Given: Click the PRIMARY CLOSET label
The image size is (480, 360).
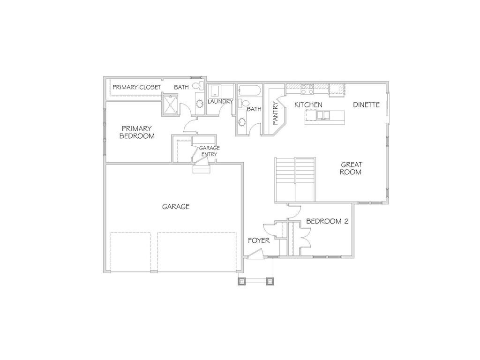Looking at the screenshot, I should (136, 87).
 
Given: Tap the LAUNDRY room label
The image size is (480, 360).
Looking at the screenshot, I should (220, 101).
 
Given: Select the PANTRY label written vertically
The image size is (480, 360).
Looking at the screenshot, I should (276, 112).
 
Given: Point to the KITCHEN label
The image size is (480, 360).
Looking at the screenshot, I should (308, 105).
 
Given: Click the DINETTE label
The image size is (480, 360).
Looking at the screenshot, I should (366, 105).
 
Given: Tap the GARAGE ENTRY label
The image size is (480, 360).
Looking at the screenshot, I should (210, 151).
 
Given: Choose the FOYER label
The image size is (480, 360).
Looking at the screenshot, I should (259, 240).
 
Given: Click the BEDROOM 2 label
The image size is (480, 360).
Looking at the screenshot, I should (327, 221).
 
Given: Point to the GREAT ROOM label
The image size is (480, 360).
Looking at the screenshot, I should (351, 168).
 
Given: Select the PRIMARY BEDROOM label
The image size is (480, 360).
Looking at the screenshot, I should (137, 132).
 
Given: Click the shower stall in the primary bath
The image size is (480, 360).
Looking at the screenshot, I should (171, 105).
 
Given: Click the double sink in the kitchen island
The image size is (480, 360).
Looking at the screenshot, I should (323, 115).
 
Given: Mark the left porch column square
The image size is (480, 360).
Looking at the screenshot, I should (242, 281).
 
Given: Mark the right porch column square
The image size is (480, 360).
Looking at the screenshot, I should (270, 281).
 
